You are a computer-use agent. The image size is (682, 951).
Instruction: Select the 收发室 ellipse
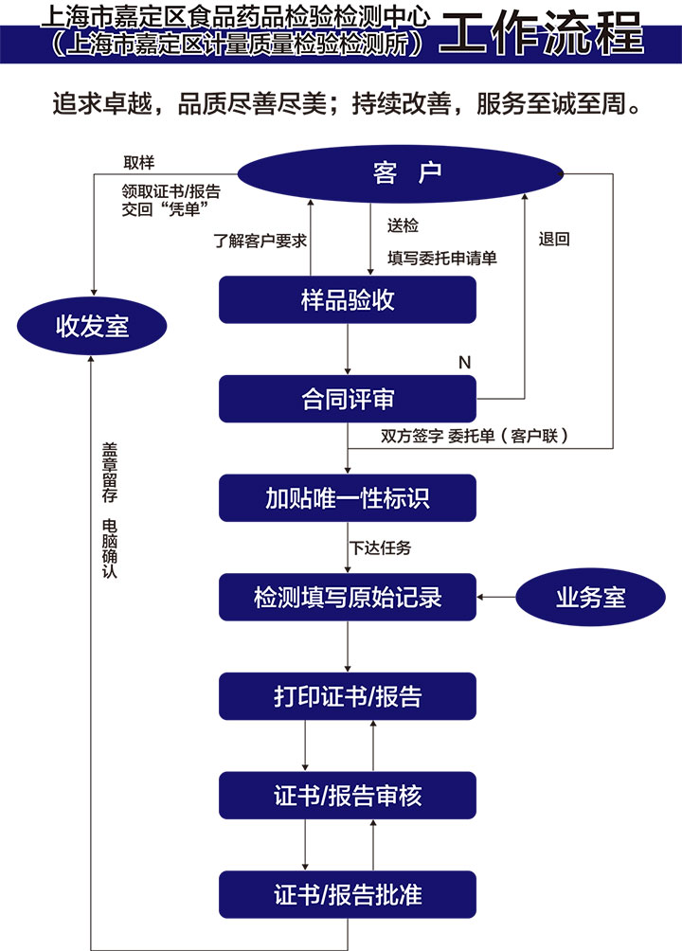point(92,328)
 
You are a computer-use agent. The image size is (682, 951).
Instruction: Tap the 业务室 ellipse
point(590,597)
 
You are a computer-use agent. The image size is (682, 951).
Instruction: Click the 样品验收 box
point(348,300)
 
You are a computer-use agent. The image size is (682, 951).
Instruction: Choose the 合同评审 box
point(348,399)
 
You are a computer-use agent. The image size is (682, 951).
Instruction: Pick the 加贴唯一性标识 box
point(348,498)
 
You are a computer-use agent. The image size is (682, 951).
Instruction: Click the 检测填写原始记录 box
point(348,598)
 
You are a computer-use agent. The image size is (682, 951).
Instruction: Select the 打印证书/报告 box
point(348,696)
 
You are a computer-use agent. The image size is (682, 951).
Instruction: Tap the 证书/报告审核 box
point(348,796)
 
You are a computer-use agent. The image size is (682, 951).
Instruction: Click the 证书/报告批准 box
point(348,894)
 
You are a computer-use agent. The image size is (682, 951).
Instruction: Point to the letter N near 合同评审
point(464,362)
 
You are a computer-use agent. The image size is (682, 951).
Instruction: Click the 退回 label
point(554,240)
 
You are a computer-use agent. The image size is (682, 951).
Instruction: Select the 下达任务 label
point(381,547)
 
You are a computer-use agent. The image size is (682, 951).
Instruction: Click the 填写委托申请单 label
point(442,257)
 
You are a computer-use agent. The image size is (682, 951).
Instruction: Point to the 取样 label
point(138,162)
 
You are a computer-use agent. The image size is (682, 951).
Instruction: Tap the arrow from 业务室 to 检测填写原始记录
point(496,597)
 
